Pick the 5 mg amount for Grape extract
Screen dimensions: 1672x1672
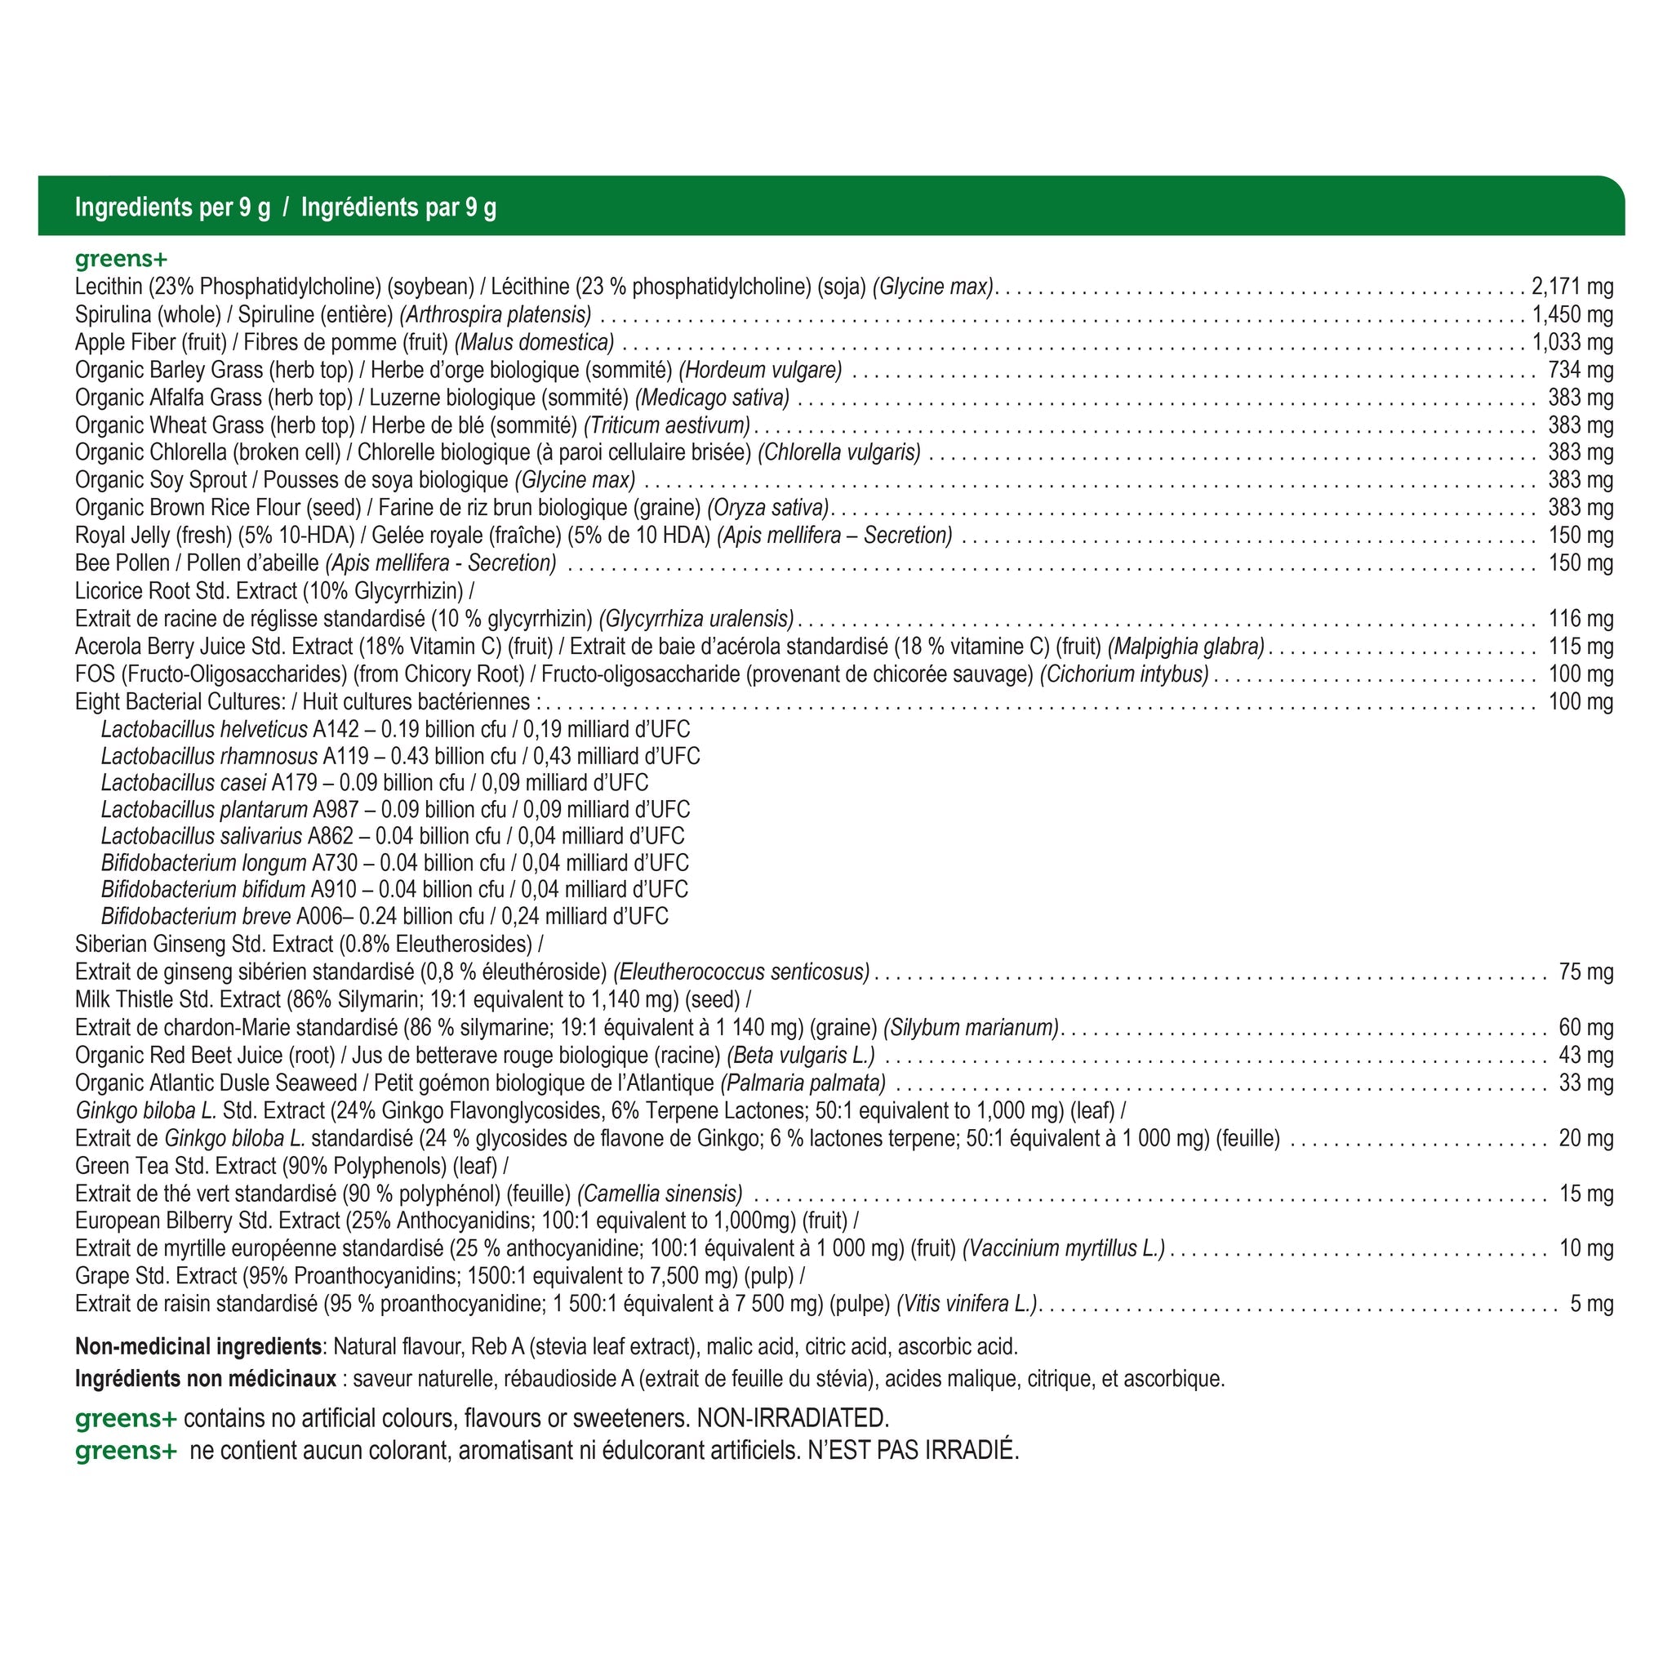(x=1591, y=1304)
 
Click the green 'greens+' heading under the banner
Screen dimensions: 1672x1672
(x=121, y=259)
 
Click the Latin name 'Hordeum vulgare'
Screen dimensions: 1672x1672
(x=761, y=371)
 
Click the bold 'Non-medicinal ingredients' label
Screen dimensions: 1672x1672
(x=198, y=1346)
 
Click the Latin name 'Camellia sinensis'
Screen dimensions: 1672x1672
(x=660, y=1194)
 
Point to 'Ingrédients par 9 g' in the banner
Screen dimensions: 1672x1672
(x=398, y=207)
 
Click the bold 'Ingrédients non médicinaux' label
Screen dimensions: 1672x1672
(x=205, y=1379)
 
